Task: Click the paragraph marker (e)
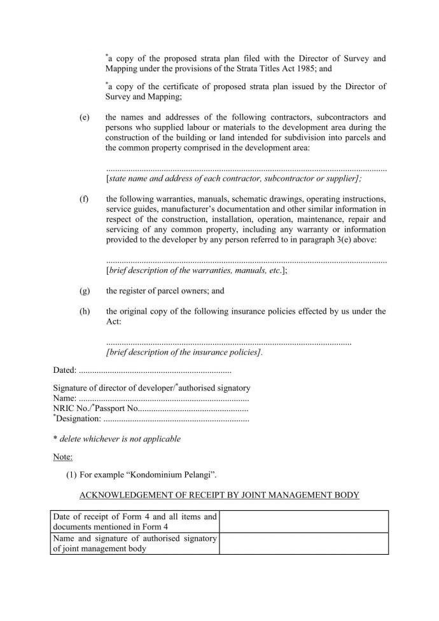pyautogui.click(x=84, y=118)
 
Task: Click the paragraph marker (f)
pyautogui.click(x=84, y=199)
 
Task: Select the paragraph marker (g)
pyautogui.click(x=84, y=291)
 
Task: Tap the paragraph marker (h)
pyautogui.click(x=84, y=311)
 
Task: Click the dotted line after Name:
pyautogui.click(x=162, y=398)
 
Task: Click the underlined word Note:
pyautogui.click(x=62, y=457)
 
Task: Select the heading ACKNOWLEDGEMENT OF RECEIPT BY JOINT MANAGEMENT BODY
pyautogui.click(x=218, y=495)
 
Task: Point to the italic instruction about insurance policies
pyautogui.click(x=185, y=352)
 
